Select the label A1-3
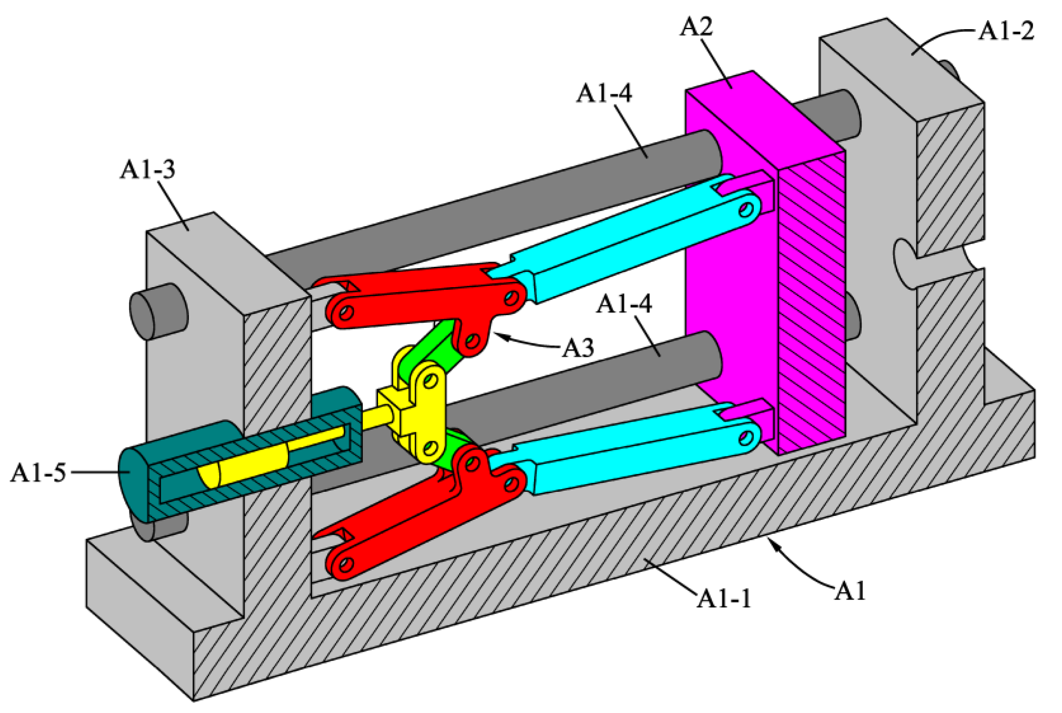click(147, 170)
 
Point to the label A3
click(578, 348)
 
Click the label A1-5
click(38, 473)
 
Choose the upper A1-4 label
click(604, 94)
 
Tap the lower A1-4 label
click(624, 303)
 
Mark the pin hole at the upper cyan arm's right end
click(746, 209)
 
